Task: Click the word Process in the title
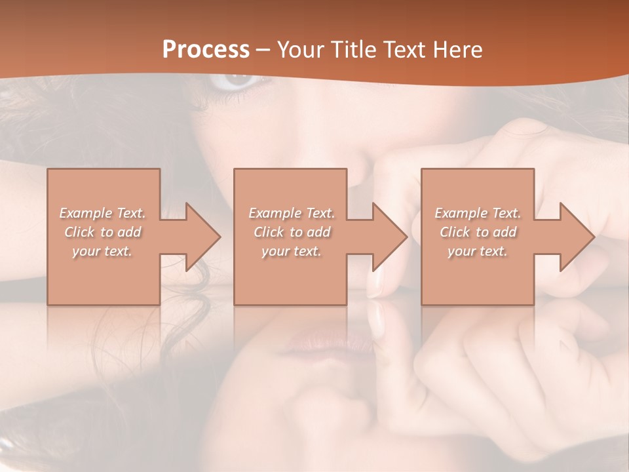(206, 50)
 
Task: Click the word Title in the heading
(354, 50)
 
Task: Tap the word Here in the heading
(458, 50)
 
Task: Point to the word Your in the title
(302, 50)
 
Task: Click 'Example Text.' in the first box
(103, 213)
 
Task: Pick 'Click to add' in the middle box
(292, 232)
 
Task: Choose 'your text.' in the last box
(478, 251)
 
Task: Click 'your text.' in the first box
(103, 251)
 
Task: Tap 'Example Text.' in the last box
(478, 213)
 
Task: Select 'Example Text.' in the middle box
(292, 213)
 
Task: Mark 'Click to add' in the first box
(103, 232)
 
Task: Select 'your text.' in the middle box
(292, 251)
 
